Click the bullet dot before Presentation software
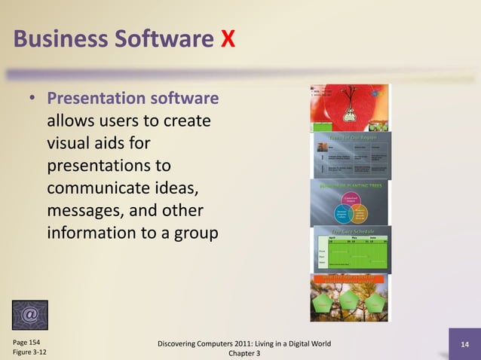(33, 99)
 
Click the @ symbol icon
(30, 315)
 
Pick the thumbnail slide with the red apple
(348, 107)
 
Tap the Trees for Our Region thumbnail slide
(350, 155)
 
